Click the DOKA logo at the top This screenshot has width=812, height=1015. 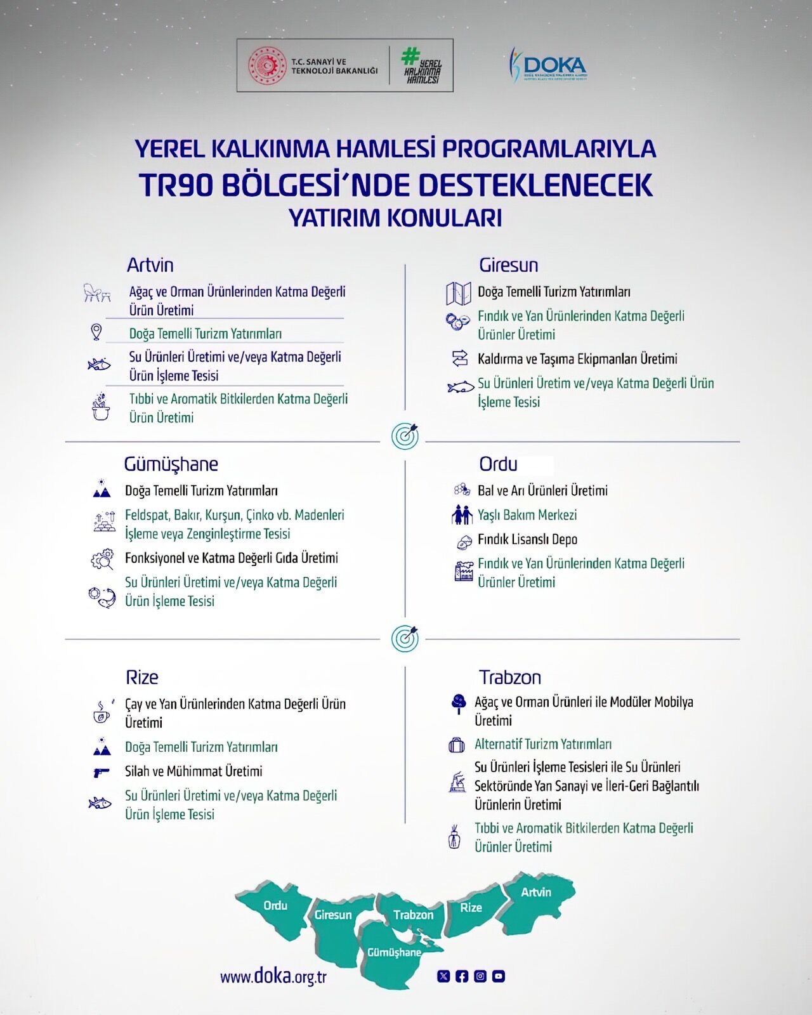549,64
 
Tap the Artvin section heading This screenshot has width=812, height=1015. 150,265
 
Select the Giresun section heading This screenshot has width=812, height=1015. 508,265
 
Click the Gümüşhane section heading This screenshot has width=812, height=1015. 171,464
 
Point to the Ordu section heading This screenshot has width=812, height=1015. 498,464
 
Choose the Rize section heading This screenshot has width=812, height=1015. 141,677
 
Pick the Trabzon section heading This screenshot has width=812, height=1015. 510,677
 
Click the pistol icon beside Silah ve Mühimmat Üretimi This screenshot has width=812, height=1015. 101,772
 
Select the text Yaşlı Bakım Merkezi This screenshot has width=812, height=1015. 527,515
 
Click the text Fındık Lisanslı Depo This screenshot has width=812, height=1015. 527,539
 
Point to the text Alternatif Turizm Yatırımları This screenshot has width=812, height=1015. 543,744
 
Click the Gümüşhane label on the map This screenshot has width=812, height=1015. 394,952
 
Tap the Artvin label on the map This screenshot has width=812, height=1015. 536,892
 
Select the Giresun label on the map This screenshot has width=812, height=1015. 333,915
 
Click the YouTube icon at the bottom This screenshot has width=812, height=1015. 499,976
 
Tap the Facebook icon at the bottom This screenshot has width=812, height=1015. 462,976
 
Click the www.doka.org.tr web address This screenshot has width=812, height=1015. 273,976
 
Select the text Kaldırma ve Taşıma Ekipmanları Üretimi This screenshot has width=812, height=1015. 577,359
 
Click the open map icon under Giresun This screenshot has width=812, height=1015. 458,293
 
